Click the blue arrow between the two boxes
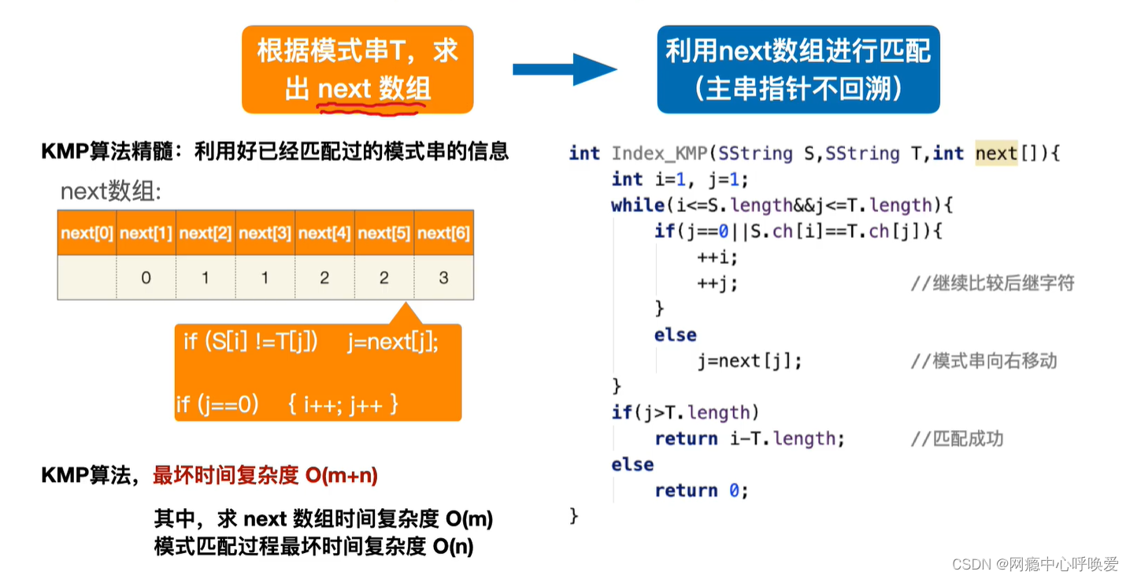point(564,69)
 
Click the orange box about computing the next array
point(358,69)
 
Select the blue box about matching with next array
point(798,69)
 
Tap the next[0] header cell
point(87,233)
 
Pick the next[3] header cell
point(265,233)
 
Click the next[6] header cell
point(443,233)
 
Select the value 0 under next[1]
point(146,277)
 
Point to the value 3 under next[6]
point(443,277)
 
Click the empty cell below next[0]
point(87,277)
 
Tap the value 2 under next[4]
point(324,277)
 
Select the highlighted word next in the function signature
point(996,154)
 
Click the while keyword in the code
point(637,206)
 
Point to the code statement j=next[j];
point(750,361)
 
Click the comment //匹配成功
point(957,439)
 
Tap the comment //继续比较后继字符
point(992,284)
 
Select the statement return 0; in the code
point(701,490)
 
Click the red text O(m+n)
point(341,475)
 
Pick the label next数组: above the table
point(111,191)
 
